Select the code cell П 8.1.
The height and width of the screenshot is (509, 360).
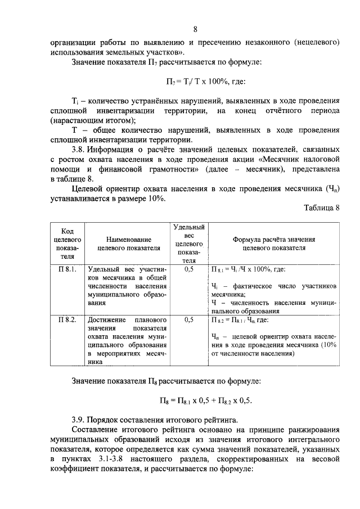(67, 269)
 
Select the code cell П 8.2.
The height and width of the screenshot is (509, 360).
(67, 319)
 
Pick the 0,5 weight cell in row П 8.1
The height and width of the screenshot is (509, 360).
(189, 269)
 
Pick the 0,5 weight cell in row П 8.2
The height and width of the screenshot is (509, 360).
(189, 319)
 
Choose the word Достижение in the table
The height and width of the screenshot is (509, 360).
(107, 319)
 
